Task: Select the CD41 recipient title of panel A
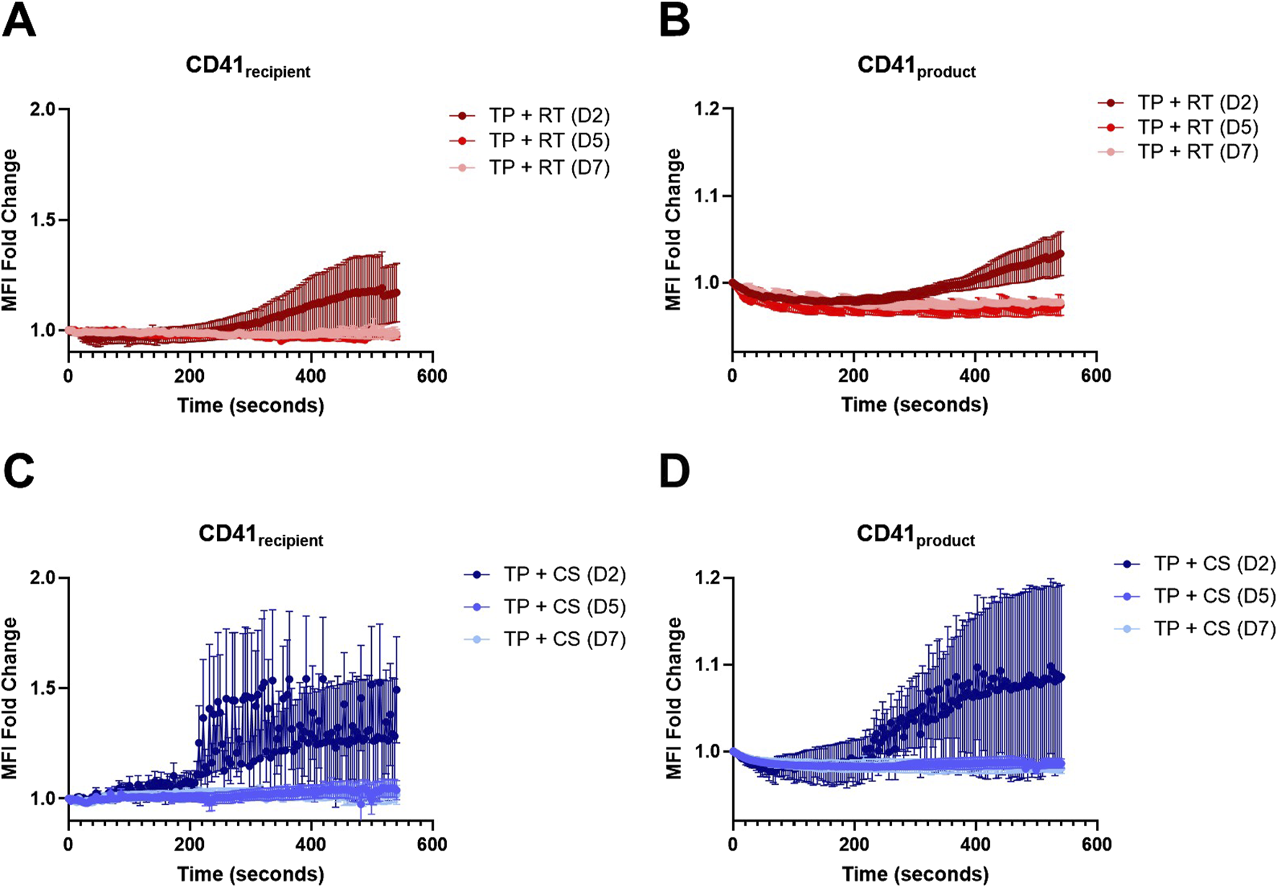pyautogui.click(x=248, y=66)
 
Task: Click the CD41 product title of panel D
pyautogui.click(x=915, y=536)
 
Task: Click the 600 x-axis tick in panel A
pyautogui.click(x=432, y=376)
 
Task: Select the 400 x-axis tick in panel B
pyautogui.click(x=975, y=376)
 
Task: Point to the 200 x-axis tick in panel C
pyautogui.click(x=189, y=845)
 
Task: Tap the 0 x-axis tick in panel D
pyautogui.click(x=732, y=845)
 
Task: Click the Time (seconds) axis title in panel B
pyautogui.click(x=915, y=405)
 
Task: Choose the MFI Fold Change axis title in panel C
pyautogui.click(x=10, y=698)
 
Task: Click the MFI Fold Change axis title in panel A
pyautogui.click(x=10, y=229)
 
